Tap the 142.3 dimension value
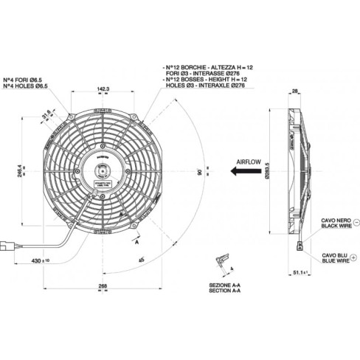pyautogui.click(x=103, y=89)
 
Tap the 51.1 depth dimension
pyautogui.click(x=300, y=273)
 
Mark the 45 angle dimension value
pyautogui.click(x=141, y=259)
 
